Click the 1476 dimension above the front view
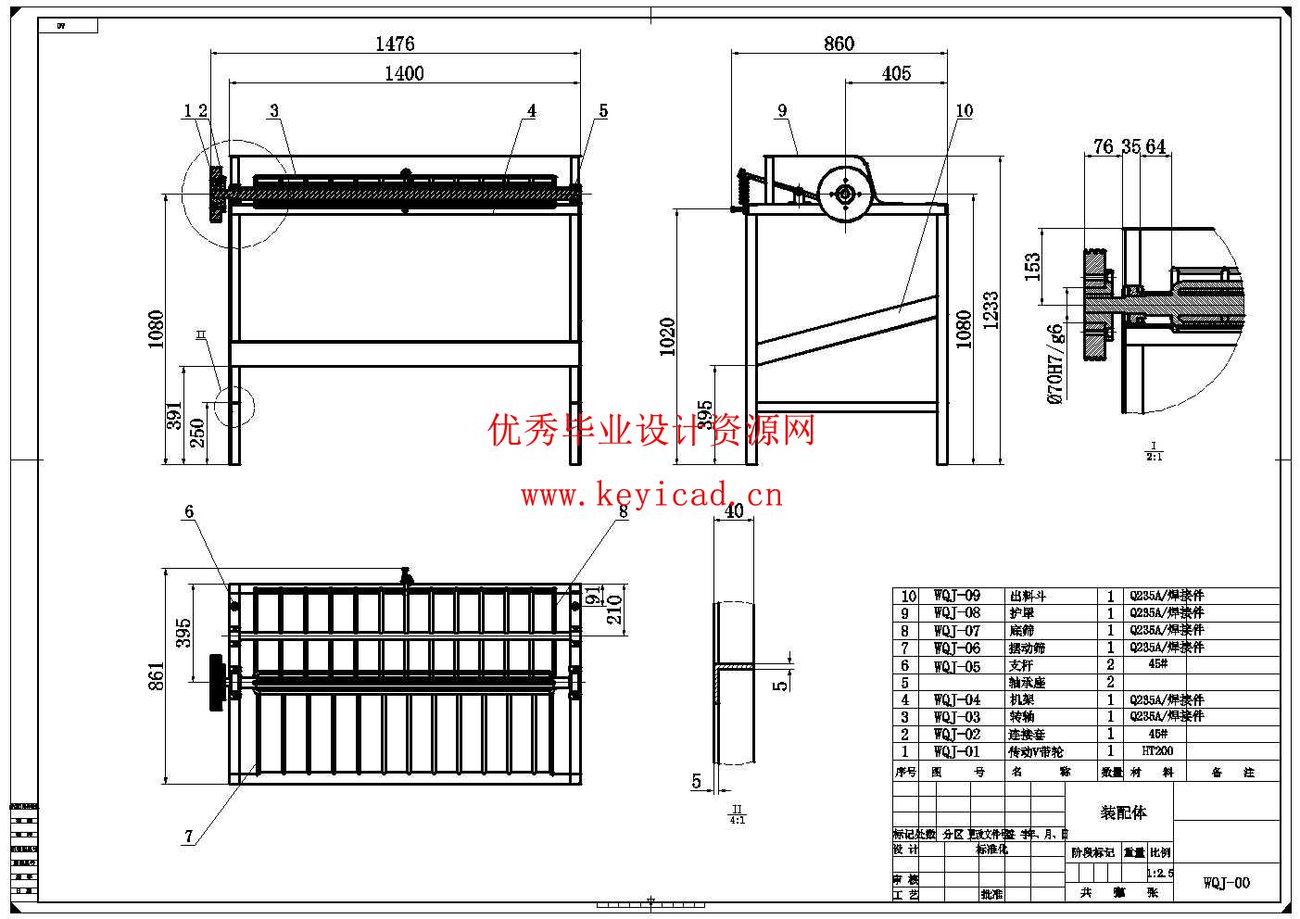click(x=395, y=44)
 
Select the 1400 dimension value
click(x=404, y=73)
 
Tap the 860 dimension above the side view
click(x=839, y=44)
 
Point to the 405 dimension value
click(x=896, y=73)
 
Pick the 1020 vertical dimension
click(x=668, y=336)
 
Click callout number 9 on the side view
click(x=782, y=110)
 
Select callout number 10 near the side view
click(x=964, y=110)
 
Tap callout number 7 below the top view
click(x=189, y=836)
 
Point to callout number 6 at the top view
click(x=189, y=511)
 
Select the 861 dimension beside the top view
click(x=156, y=675)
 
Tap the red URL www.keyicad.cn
click(x=651, y=496)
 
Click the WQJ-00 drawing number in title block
click(x=1226, y=883)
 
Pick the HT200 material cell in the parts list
click(x=1157, y=751)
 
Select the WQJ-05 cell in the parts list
click(x=956, y=665)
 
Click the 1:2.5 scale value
click(x=1159, y=873)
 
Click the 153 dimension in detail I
click(x=1033, y=267)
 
